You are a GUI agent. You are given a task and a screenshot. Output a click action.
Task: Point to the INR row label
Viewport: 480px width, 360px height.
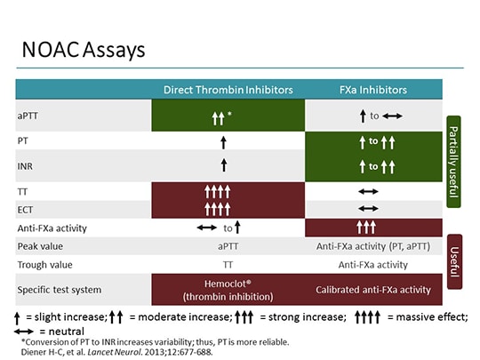pos(27,164)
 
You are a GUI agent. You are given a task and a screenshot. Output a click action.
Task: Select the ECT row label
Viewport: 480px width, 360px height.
pos(27,210)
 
